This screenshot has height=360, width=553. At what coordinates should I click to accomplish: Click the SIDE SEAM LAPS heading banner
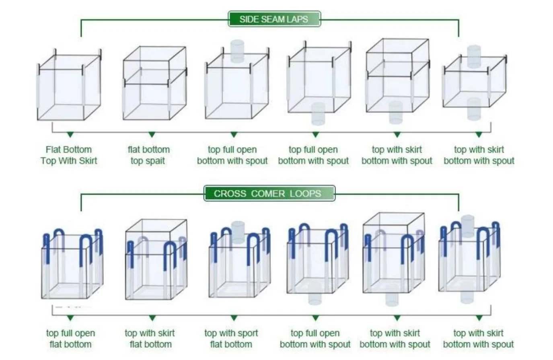pos(274,19)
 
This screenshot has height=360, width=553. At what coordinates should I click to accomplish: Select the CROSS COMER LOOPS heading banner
pos(269,193)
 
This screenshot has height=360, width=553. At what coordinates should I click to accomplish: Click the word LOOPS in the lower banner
pos(305,193)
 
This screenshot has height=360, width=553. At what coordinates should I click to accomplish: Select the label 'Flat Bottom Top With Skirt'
pos(69,155)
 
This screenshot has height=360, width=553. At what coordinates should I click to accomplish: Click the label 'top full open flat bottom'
pos(71,339)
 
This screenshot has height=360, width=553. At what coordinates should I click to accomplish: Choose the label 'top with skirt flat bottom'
pos(150,339)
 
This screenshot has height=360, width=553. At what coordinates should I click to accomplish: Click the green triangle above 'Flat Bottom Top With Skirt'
pos(70,135)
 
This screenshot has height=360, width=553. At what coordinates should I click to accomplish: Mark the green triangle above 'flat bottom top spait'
pos(152,135)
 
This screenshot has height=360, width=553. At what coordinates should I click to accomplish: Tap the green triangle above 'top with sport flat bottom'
pos(234,318)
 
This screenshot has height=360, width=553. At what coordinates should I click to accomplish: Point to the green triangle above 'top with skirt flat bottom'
pos(152,318)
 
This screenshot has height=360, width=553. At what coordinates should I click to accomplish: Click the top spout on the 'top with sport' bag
pos(238,232)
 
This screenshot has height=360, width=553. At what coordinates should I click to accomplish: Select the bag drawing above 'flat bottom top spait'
pos(155,83)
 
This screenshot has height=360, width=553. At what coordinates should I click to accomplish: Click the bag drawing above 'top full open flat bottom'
pos(72,264)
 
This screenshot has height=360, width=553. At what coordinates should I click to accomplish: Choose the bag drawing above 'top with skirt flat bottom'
pos(156,259)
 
